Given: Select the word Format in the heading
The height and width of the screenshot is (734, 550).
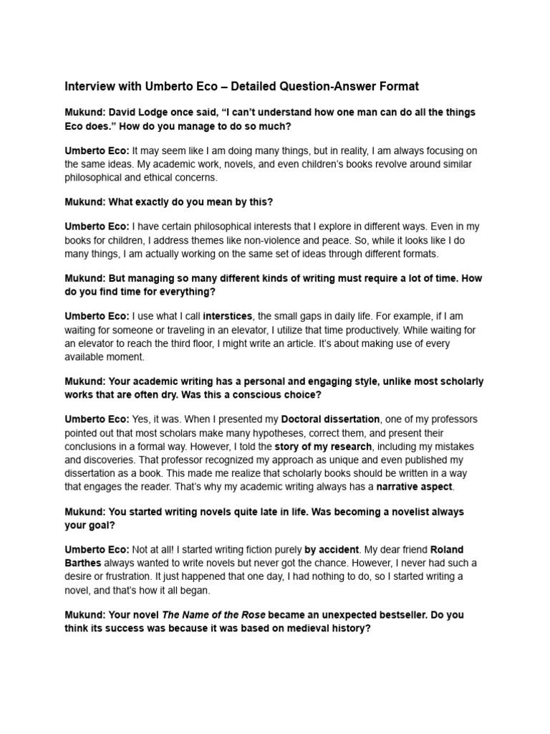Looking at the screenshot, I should coord(396,87).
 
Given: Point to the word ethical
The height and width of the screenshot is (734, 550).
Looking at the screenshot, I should coord(163,178).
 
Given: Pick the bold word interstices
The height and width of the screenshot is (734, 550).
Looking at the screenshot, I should coord(228,315).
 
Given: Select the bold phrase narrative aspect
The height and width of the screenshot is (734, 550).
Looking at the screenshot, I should coord(415,487).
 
